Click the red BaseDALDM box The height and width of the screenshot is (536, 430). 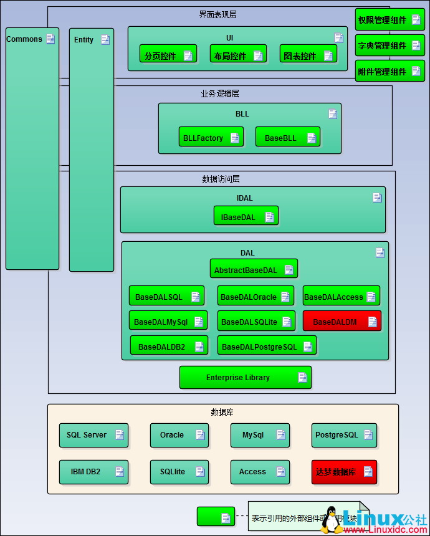click(342, 322)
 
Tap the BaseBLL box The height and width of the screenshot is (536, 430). click(287, 137)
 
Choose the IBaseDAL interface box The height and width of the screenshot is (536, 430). click(246, 216)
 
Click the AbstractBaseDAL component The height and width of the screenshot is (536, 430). click(254, 269)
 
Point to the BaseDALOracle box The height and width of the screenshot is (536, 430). click(256, 296)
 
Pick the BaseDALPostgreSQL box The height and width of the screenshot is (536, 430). click(266, 346)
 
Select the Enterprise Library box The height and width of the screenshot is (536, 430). click(245, 377)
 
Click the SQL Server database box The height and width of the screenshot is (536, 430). click(94, 435)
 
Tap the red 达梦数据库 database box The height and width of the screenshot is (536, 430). click(344, 472)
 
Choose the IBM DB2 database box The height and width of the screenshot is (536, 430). click(94, 472)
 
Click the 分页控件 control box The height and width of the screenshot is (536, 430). click(168, 55)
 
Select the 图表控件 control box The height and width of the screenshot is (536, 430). click(307, 55)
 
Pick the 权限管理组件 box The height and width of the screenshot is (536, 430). click(389, 20)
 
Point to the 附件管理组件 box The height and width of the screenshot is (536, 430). click(389, 72)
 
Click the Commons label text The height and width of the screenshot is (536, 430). click(24, 39)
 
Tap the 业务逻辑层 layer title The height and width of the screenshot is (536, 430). click(219, 93)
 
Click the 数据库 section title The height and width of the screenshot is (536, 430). click(222, 412)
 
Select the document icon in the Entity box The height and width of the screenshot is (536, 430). click(105, 40)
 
